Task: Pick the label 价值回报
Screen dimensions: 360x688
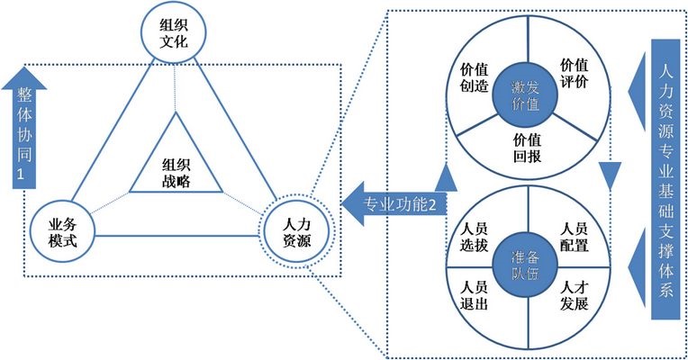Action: pyautogui.click(x=527, y=147)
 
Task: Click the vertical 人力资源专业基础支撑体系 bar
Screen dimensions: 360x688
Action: pyautogui.click(x=665, y=180)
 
